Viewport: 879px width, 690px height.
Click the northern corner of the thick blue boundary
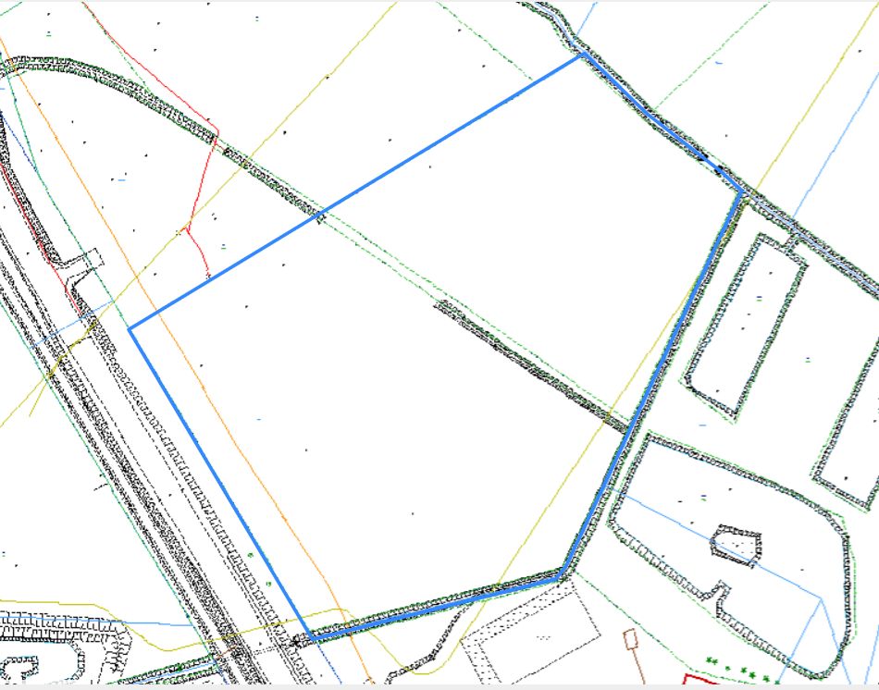pos(581,55)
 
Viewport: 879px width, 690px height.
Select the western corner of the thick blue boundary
pos(130,328)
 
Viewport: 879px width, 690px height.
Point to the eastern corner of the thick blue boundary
pos(741,191)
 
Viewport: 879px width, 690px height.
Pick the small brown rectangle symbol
pos(631,639)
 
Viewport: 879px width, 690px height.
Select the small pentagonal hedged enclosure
pos(737,546)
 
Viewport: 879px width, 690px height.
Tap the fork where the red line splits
pos(189,227)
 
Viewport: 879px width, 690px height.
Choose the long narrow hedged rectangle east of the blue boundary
pos(745,324)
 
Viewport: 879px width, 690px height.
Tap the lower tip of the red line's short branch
pos(208,275)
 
